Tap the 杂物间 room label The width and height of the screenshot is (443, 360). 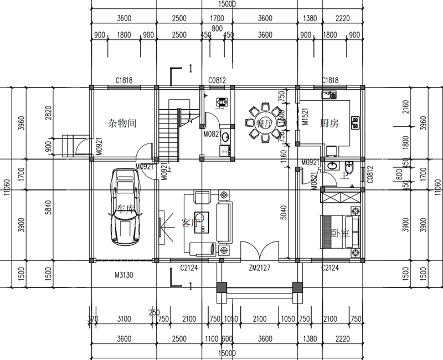[x=122, y=123]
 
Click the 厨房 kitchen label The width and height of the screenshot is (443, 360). [x=329, y=124]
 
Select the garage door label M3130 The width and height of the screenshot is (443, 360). [x=124, y=274]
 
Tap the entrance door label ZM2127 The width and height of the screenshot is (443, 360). [x=260, y=269]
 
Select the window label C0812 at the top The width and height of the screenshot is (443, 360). [x=217, y=80]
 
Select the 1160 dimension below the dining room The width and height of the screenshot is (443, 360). [x=284, y=163]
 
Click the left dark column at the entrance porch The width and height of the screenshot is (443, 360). [x=221, y=287]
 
